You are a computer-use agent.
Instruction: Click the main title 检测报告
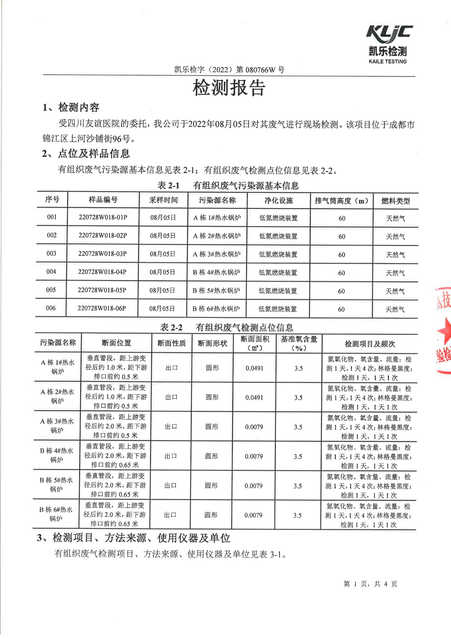[229, 88]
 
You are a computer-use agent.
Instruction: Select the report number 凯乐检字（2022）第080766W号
[229, 70]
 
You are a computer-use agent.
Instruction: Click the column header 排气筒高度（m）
[342, 201]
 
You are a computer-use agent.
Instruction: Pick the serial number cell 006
[51, 308]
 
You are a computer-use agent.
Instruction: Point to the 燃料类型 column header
[395, 201]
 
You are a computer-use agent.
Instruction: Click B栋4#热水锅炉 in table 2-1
[217, 272]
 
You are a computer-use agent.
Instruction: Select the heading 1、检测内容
[71, 108]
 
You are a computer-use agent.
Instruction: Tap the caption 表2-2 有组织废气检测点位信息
[227, 328]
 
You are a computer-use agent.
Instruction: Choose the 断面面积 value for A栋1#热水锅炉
[254, 368]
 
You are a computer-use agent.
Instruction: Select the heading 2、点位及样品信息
[86, 154]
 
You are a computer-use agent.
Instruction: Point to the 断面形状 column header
[213, 343]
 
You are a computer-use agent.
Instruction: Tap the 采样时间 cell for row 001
[163, 218]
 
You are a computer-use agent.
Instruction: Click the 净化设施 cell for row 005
[278, 291]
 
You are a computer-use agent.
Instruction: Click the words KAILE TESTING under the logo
[388, 61]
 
